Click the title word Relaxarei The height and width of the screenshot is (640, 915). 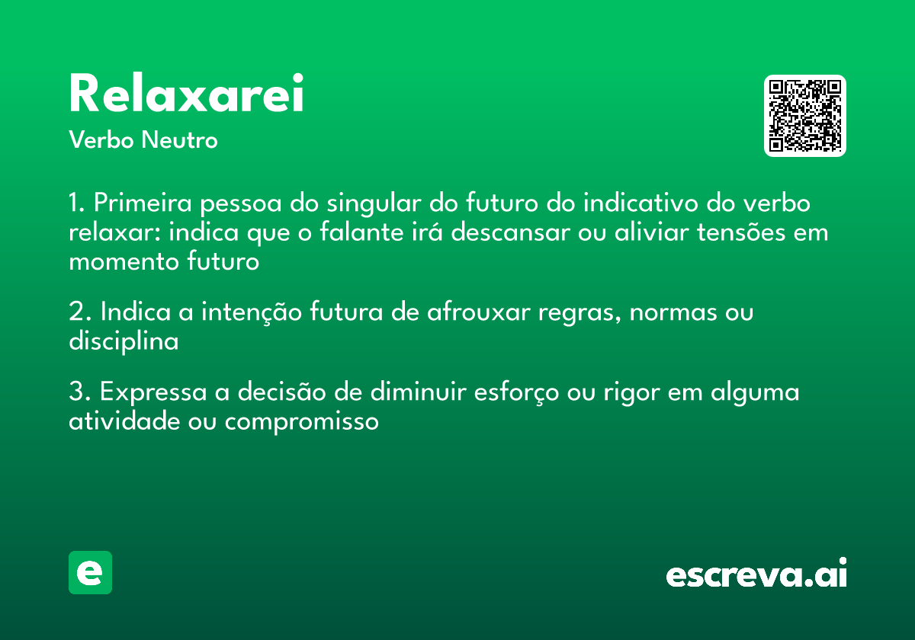(186, 94)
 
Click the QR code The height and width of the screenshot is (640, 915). (805, 116)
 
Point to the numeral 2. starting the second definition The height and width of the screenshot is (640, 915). (80, 312)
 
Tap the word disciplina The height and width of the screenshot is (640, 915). (124, 341)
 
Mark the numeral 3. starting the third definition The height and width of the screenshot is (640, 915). (80, 392)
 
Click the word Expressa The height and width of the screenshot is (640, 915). (153, 392)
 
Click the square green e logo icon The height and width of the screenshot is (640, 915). (90, 572)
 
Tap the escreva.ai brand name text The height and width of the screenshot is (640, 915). (756, 574)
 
